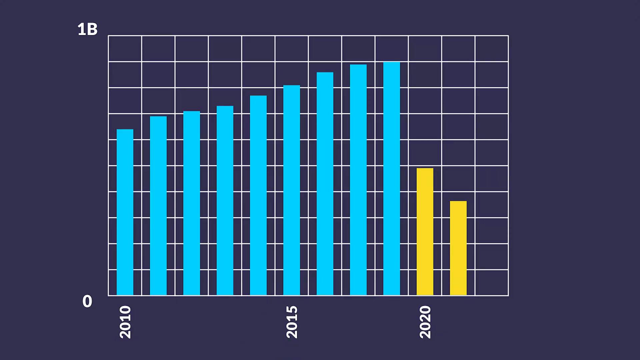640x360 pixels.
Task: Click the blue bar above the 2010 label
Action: click(x=125, y=212)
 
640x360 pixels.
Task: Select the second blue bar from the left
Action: click(x=158, y=206)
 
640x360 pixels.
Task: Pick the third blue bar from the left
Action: click(x=192, y=203)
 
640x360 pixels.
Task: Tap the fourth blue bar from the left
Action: click(x=225, y=200)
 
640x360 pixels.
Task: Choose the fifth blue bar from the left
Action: click(x=258, y=195)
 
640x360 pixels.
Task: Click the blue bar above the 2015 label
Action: click(x=292, y=190)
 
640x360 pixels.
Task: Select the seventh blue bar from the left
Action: click(x=325, y=184)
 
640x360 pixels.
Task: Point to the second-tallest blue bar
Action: click(x=358, y=180)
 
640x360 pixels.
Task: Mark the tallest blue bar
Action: click(x=392, y=178)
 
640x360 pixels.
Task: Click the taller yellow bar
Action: click(x=425, y=231)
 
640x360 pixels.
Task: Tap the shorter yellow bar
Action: click(x=458, y=248)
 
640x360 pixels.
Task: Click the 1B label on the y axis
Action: click(x=87, y=29)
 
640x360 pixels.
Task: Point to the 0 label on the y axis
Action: click(x=87, y=301)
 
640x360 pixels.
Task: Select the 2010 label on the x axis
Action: click(x=125, y=322)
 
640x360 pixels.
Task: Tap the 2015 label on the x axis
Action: click(x=292, y=322)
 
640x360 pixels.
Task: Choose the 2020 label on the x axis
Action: click(x=425, y=322)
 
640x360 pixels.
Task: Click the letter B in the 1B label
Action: click(x=92, y=29)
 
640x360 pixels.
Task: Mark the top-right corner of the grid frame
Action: click(x=508, y=36)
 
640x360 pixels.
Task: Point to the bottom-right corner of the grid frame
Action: click(x=508, y=295)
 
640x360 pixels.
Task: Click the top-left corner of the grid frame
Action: click(x=108, y=36)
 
